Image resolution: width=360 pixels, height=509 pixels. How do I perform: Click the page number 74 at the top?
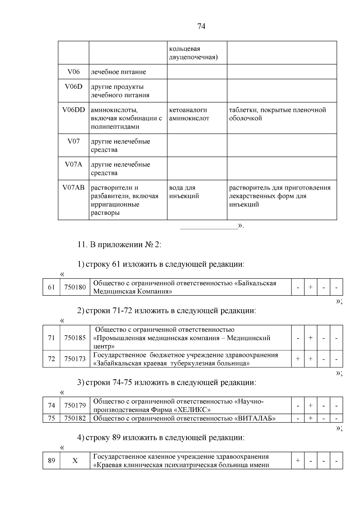[x=201, y=26]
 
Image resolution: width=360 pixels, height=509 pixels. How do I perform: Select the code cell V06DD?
[x=73, y=110]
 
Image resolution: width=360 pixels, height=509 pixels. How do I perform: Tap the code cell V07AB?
[x=73, y=188]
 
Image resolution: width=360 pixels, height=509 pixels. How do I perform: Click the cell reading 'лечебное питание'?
[x=118, y=72]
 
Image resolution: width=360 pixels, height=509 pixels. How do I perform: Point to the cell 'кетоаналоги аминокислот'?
[x=189, y=114]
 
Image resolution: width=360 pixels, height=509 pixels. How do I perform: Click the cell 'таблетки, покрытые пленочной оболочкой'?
[x=277, y=114]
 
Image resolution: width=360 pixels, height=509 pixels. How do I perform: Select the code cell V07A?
[x=73, y=164]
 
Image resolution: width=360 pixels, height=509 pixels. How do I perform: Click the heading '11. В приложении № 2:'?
[x=119, y=244]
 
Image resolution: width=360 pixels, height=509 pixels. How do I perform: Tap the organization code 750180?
[x=75, y=287]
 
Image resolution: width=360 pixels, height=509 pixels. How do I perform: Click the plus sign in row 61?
[x=310, y=287]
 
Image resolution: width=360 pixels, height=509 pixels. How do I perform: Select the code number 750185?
[x=75, y=338]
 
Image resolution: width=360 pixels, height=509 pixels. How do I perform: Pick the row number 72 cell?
[x=51, y=359]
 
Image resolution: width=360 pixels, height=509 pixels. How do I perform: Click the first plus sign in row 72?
[x=298, y=359]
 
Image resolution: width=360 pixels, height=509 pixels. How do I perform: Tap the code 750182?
[x=75, y=418]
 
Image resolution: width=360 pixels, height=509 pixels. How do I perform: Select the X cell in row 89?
[x=75, y=460]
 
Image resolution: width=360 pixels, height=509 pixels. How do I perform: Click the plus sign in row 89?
[x=298, y=460]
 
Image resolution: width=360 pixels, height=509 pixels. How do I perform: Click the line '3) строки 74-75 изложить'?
[x=166, y=382]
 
